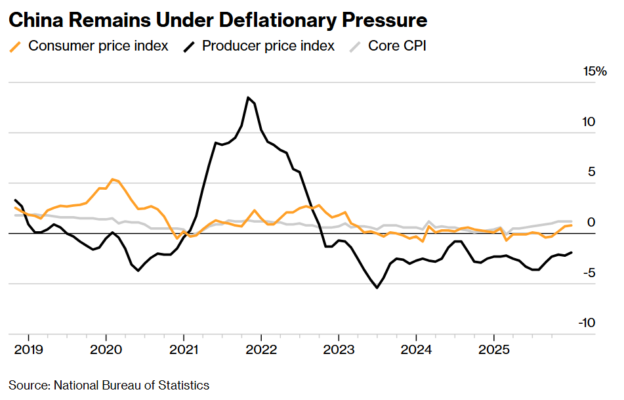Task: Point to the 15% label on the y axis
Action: [x=595, y=72]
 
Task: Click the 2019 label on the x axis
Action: [x=30, y=348]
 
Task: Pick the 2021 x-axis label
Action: [x=184, y=348]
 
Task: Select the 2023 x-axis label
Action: [x=339, y=348]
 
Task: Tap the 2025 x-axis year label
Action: [x=494, y=348]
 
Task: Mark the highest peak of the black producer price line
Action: [x=248, y=97]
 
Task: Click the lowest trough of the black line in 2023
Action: [x=377, y=288]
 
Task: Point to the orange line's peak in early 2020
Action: [x=113, y=179]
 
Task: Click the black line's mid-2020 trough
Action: [x=138, y=270]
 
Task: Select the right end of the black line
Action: [x=571, y=252]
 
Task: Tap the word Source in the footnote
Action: [x=28, y=385]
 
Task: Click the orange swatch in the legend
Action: [x=16, y=46]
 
